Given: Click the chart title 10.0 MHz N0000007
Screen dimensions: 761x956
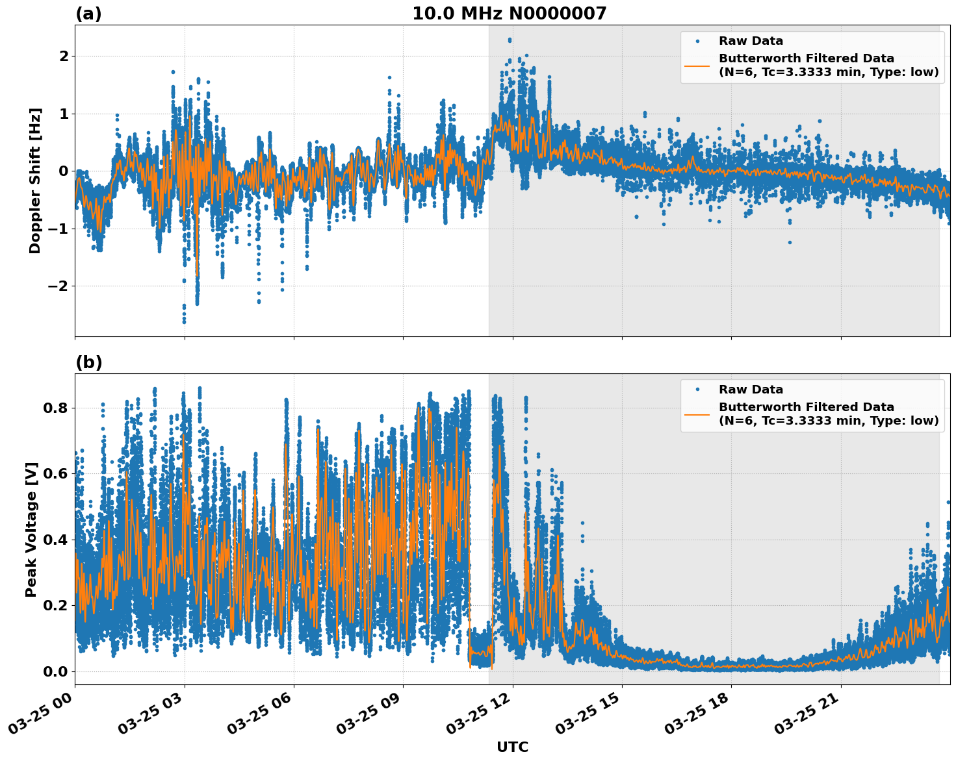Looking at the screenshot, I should coord(509,14).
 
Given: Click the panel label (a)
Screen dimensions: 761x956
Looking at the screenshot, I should coord(88,14).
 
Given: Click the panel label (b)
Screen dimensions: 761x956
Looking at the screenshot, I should coord(88,362).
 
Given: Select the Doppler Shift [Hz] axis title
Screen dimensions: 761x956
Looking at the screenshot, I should coord(35,181).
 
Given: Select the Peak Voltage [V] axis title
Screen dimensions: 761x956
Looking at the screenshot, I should coord(31,529).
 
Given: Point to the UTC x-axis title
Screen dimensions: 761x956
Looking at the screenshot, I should coord(512,747).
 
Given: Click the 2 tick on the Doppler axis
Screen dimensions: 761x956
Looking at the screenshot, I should coord(64,56).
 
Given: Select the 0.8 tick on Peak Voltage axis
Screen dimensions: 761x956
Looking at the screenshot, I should coord(55,408).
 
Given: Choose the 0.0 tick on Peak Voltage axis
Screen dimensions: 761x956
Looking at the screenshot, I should coord(55,671).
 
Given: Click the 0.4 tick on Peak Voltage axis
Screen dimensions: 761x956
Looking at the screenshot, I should coord(55,540).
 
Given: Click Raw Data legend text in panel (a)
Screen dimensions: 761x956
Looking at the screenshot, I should coord(751,42).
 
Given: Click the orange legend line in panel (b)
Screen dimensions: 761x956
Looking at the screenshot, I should coord(697,414).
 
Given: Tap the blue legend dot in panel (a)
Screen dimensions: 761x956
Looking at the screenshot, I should coord(697,42).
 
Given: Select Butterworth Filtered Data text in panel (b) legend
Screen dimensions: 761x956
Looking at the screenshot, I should coord(806,407).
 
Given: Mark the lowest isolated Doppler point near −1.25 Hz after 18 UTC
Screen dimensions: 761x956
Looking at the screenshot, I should coord(790,242).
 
